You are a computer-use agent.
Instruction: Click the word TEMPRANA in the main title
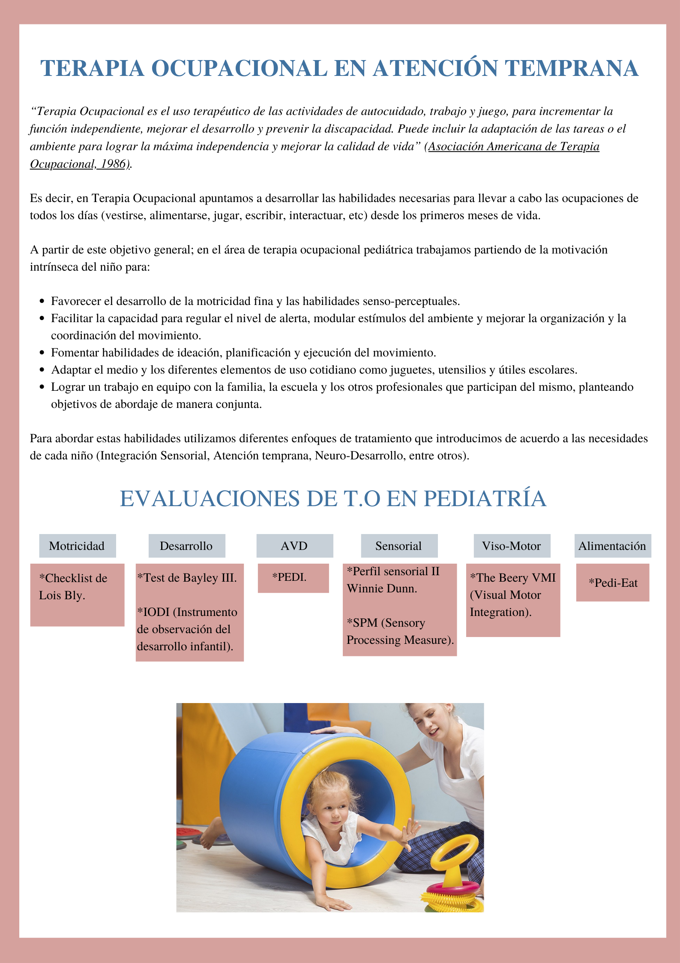pyautogui.click(x=571, y=69)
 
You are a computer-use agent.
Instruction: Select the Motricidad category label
pyautogui.click(x=77, y=546)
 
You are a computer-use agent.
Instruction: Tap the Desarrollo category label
pyautogui.click(x=186, y=546)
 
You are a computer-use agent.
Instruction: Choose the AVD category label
pyautogui.click(x=294, y=546)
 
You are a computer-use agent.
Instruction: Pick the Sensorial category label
pyautogui.click(x=399, y=546)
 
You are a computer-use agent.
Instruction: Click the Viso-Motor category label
pyautogui.click(x=512, y=546)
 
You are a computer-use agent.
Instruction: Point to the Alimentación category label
pyautogui.click(x=612, y=546)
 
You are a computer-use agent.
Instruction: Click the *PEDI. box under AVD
pyautogui.click(x=293, y=577)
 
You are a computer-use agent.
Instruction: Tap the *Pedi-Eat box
pyautogui.click(x=613, y=583)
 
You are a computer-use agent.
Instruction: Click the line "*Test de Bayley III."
pyautogui.click(x=187, y=578)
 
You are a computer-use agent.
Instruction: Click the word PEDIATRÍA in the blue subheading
pyautogui.click(x=485, y=498)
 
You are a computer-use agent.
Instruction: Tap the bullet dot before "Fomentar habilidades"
pyautogui.click(x=42, y=353)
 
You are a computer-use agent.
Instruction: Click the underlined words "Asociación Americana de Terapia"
pyautogui.click(x=514, y=146)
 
